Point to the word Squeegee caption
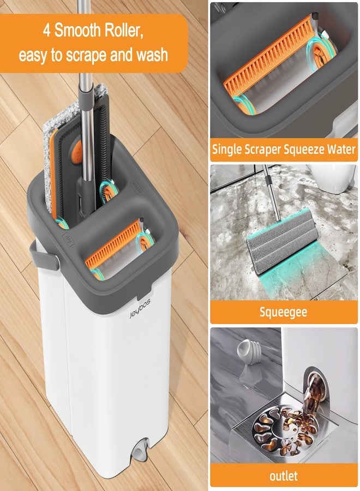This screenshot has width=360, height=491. tap(284, 312)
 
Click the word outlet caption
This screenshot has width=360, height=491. tap(284, 475)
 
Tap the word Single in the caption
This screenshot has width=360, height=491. tap(229, 148)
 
